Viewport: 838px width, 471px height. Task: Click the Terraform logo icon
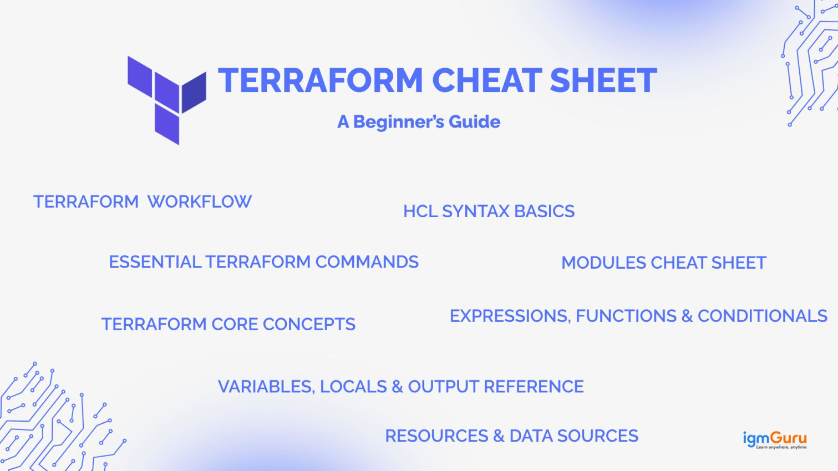[x=166, y=99]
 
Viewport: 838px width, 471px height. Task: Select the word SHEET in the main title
[x=603, y=80]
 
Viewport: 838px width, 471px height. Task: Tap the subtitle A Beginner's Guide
[x=419, y=122]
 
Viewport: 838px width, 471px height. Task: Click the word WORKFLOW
[x=200, y=202]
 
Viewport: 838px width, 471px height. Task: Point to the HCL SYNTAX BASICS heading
[x=489, y=211]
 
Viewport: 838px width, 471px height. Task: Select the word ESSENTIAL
[x=155, y=262]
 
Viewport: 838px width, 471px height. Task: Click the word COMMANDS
[x=367, y=262]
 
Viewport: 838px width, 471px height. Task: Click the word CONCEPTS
[x=309, y=324]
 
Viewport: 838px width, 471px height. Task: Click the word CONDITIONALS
[x=762, y=316]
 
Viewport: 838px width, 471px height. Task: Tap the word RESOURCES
[x=436, y=436]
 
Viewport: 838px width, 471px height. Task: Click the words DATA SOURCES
[x=573, y=436]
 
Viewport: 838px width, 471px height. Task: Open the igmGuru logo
[x=775, y=440]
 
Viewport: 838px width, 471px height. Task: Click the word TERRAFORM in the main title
[x=321, y=80]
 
